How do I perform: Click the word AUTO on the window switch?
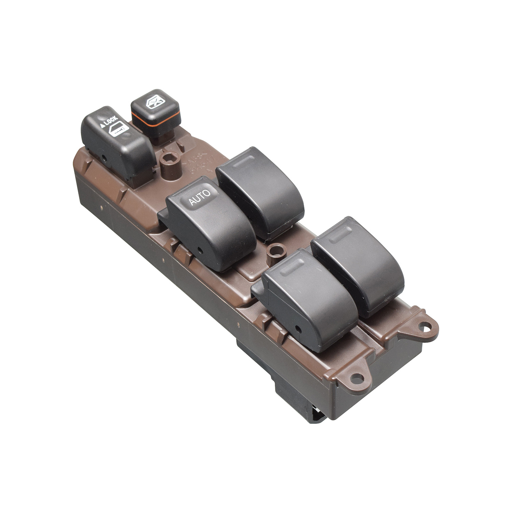[199, 198]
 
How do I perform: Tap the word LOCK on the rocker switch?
[111, 121]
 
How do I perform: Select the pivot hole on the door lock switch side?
[103, 158]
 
